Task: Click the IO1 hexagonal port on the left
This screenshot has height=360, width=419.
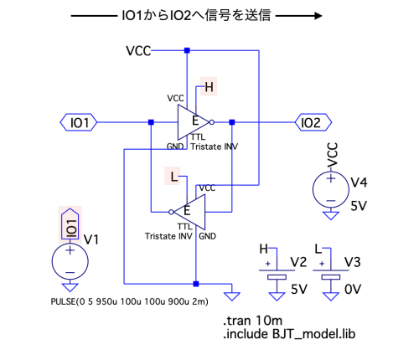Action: coord(79,122)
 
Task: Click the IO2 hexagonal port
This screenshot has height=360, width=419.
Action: coord(313,122)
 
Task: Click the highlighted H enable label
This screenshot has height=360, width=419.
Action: coord(209,87)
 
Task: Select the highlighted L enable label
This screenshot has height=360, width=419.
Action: coord(173,176)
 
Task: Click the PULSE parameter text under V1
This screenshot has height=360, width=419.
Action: coord(129,301)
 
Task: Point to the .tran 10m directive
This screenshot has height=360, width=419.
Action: coord(253,321)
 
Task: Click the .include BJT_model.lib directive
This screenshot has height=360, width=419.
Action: coord(289,334)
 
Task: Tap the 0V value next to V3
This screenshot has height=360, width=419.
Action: coord(353,289)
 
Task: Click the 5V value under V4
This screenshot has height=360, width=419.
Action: coord(359,206)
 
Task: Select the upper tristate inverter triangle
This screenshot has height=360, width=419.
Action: coord(194,122)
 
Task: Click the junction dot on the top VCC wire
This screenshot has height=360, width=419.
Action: coord(187,50)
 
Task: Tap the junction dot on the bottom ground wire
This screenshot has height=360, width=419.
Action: coord(196,284)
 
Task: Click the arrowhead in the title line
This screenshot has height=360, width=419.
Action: coord(318,16)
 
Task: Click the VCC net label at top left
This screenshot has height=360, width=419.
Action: coord(138,51)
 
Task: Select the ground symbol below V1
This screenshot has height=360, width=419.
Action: coord(70,287)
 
